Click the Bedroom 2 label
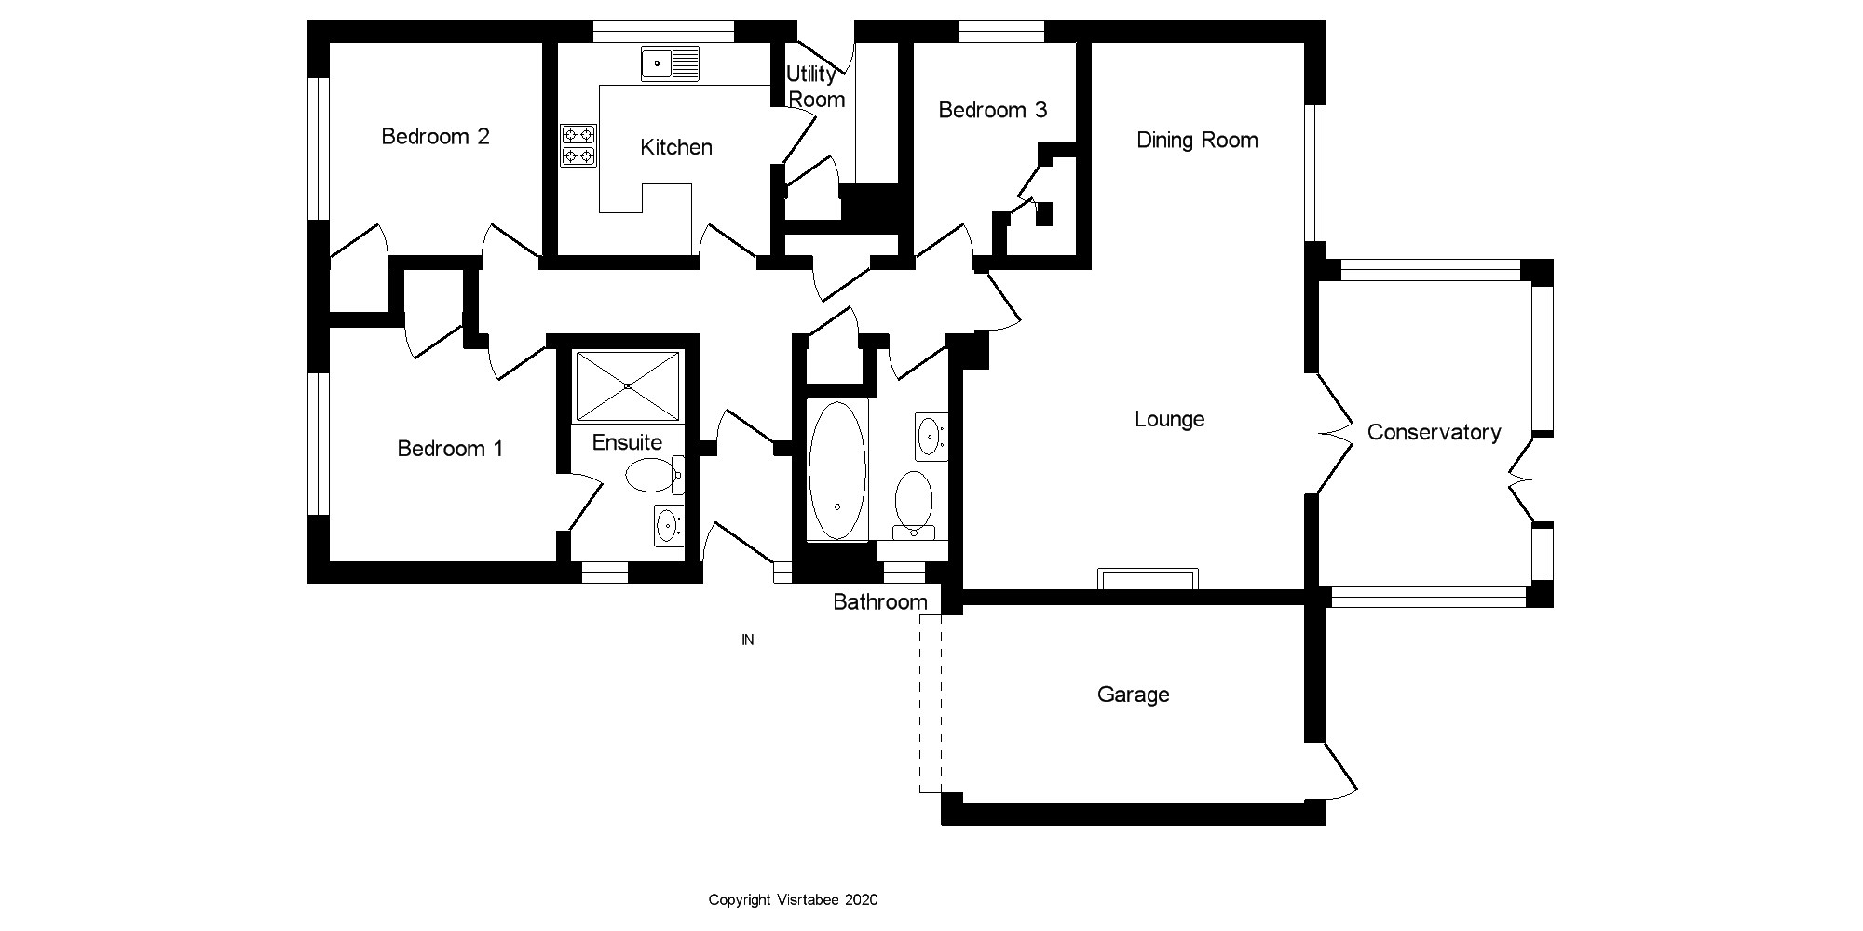[x=435, y=137]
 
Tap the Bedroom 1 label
[x=450, y=449]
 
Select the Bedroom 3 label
[x=992, y=110]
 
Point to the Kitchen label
[x=676, y=147]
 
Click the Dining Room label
[x=1197, y=141]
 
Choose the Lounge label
[x=1169, y=420]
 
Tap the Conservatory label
[x=1434, y=432]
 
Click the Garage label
[x=1133, y=695]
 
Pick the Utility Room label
[x=815, y=87]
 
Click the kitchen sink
[x=670, y=64]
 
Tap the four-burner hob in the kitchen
[x=578, y=145]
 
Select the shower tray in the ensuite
[x=628, y=385]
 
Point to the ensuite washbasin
[x=668, y=526]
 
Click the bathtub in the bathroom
[x=836, y=470]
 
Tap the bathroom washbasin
[x=931, y=436]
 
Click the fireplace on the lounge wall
[x=1148, y=578]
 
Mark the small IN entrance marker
[x=747, y=640]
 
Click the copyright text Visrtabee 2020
[x=793, y=899]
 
